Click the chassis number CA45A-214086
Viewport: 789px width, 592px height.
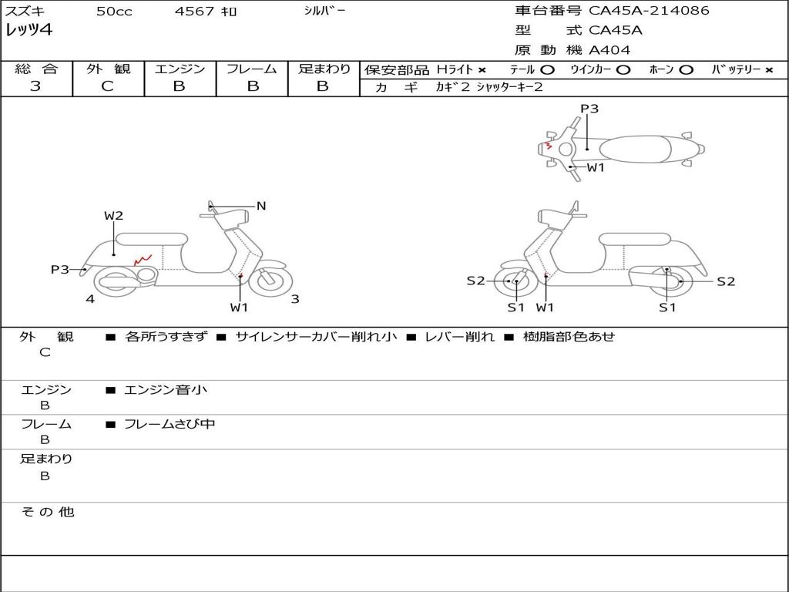click(x=649, y=11)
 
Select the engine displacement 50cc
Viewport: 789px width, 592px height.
click(x=112, y=12)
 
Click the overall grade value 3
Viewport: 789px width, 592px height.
click(x=35, y=86)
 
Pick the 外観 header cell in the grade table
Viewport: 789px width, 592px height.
click(x=108, y=69)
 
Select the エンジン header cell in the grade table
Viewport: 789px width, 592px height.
click(x=180, y=69)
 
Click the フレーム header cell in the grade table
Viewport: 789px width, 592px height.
click(x=251, y=69)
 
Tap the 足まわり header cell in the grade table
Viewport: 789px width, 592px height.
click(x=324, y=69)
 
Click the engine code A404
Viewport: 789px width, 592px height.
click(x=609, y=50)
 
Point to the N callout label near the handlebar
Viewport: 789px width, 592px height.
click(x=261, y=206)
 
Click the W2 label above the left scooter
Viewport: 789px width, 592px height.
click(x=114, y=216)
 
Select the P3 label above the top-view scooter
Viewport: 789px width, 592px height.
click(x=589, y=109)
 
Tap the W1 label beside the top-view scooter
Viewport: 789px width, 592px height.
click(x=596, y=167)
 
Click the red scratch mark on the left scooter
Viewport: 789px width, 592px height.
click(x=143, y=261)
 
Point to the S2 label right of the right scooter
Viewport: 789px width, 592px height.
click(x=726, y=281)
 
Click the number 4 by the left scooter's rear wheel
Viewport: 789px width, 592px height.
click(x=90, y=299)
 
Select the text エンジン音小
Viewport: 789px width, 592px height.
click(x=166, y=390)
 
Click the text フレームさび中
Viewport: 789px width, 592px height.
click(x=170, y=424)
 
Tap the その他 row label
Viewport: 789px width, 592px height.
click(x=47, y=512)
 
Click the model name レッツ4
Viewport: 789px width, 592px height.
click(x=29, y=31)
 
